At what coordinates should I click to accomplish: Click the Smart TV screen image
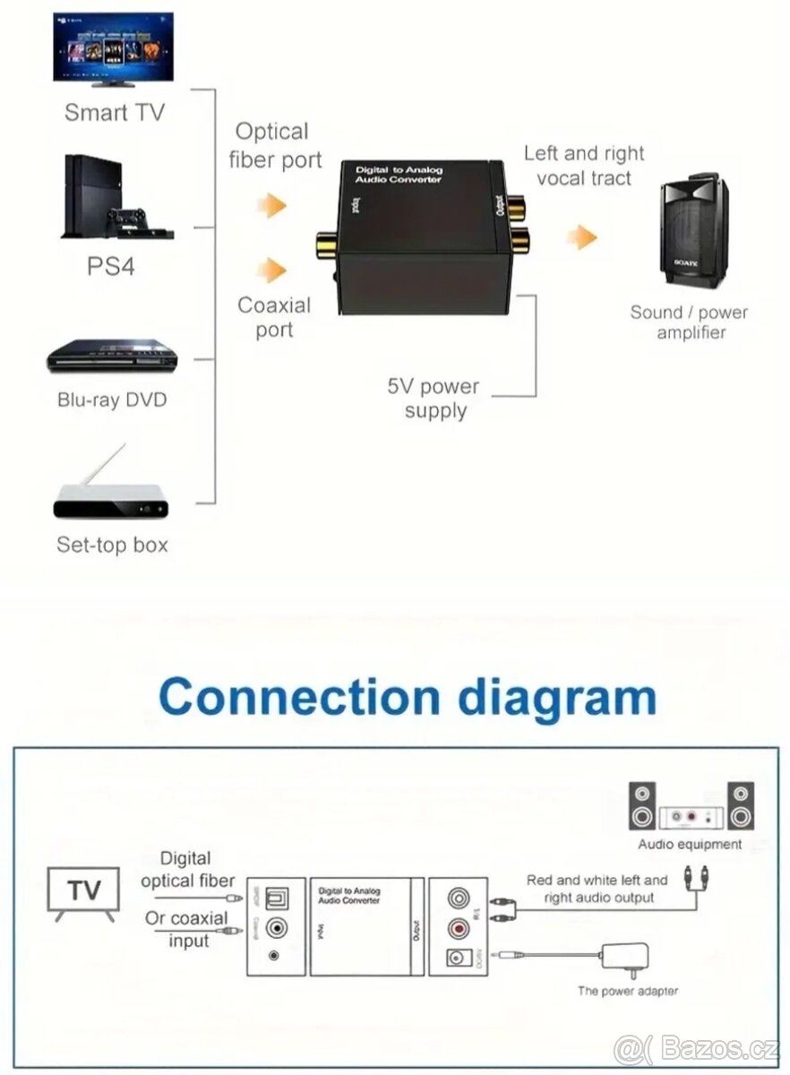pos(113,47)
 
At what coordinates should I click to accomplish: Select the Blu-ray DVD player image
pos(112,356)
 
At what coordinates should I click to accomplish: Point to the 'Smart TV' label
pos(115,112)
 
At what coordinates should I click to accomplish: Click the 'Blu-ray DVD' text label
pos(112,399)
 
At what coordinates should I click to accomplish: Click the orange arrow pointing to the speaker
pos(582,237)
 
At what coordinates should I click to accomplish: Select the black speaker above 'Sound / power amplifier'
pos(693,234)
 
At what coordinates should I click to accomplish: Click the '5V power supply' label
pos(434,399)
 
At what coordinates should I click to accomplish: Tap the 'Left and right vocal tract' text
pos(584,166)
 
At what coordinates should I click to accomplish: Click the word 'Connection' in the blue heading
pos(300,697)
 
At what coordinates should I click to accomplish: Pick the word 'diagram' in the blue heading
pos(556,697)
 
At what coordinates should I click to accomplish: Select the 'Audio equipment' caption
pos(690,844)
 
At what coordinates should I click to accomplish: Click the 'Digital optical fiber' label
pos(187,869)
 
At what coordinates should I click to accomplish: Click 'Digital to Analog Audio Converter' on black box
pos(399,175)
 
